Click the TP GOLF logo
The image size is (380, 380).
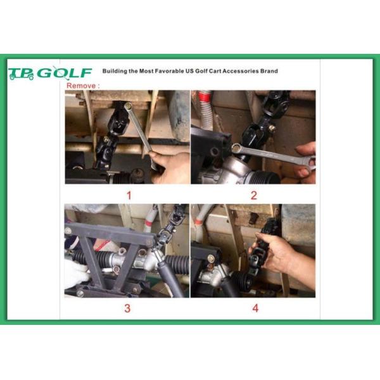point(50,73)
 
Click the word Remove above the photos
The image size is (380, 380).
point(81,85)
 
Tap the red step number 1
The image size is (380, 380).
point(129,195)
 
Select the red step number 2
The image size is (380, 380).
point(254,195)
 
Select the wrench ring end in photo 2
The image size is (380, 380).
point(237,148)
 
